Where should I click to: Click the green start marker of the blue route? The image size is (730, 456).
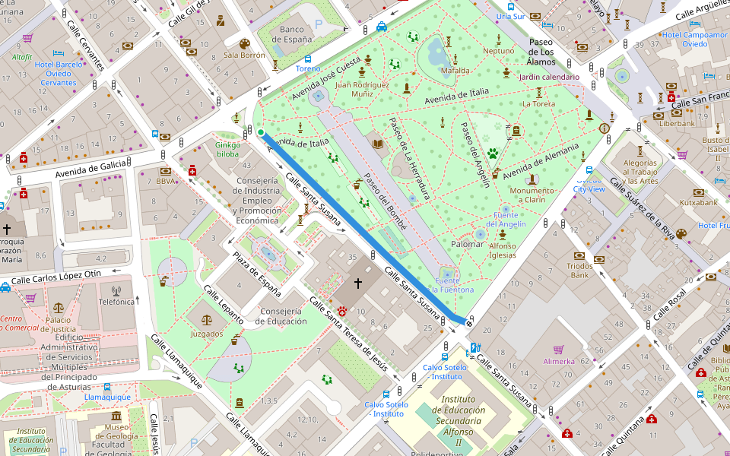(261, 133)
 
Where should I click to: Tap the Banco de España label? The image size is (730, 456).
(292, 35)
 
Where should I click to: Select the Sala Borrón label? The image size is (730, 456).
(244, 55)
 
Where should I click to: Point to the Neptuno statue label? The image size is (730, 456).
(499, 51)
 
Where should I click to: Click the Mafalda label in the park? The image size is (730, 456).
(455, 71)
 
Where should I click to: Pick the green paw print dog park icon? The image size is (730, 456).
(493, 153)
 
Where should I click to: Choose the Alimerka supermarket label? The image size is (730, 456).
(559, 361)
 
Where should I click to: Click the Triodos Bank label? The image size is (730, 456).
(579, 271)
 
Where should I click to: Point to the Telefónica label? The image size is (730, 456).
(116, 302)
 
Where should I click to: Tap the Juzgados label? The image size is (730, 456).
(207, 334)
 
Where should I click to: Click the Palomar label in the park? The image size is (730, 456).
(468, 244)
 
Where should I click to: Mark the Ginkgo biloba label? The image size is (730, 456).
(227, 149)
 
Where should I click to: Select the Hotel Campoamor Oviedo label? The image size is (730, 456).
(694, 40)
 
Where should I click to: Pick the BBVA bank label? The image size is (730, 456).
(165, 182)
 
